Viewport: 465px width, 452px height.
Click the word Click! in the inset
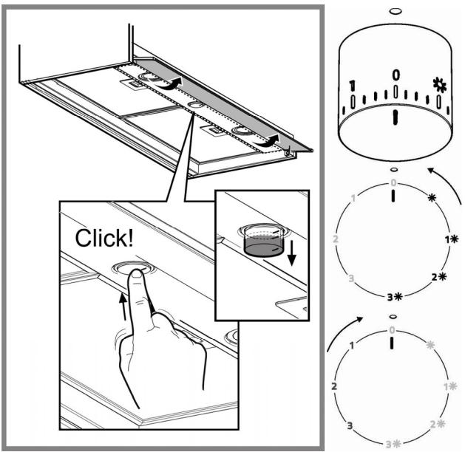[104, 238]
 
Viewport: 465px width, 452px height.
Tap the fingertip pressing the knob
[137, 274]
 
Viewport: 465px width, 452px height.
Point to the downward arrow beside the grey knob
[292, 253]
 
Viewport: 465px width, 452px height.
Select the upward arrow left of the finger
[123, 307]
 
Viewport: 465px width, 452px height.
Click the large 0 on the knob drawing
[396, 75]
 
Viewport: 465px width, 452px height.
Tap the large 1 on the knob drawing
[352, 86]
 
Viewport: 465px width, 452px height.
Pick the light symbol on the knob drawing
[439, 85]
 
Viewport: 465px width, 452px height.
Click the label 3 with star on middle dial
[395, 296]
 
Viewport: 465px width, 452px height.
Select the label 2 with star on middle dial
[439, 277]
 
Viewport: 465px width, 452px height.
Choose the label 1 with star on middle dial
[452, 239]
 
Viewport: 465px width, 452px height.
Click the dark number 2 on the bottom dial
[334, 386]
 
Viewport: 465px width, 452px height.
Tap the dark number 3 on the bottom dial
[350, 426]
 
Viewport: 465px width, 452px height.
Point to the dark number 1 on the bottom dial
[352, 346]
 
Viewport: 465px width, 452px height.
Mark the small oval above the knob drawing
[396, 11]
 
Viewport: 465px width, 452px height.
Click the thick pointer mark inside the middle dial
[393, 196]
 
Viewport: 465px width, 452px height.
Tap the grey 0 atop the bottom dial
[393, 330]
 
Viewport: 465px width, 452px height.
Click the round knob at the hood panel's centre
[195, 105]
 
